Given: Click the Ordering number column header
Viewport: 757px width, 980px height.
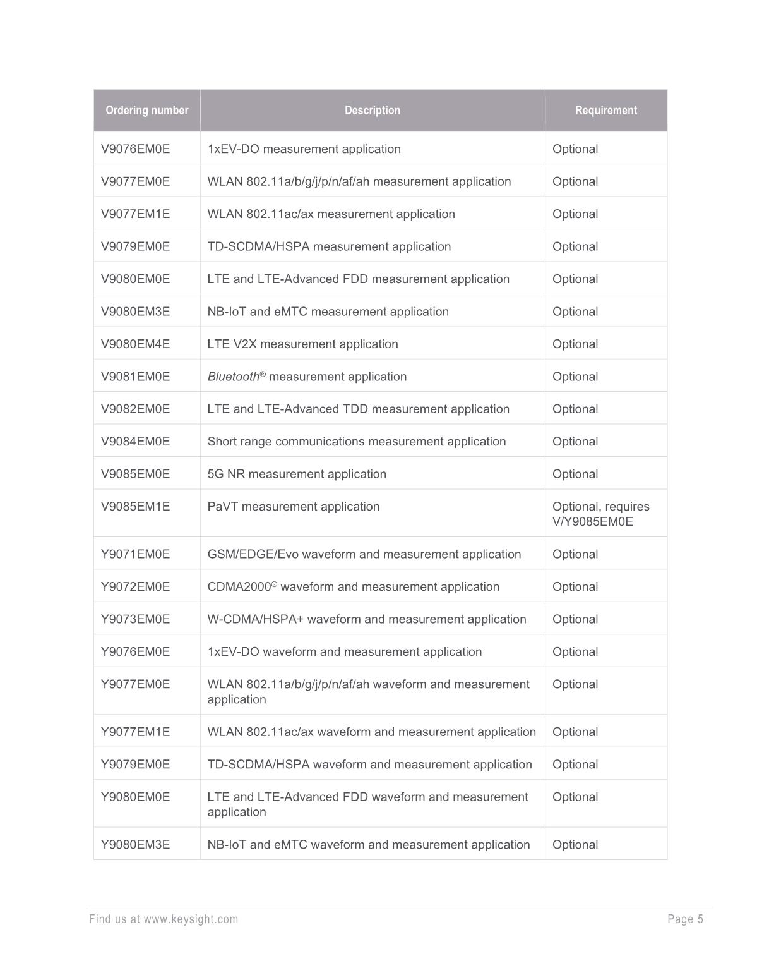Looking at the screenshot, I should coord(146,111).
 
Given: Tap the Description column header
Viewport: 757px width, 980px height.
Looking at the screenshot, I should coord(372,111).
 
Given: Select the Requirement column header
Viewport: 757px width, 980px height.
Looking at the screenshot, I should coord(605,111).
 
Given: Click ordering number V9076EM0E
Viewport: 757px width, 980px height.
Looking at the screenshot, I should coord(136,149).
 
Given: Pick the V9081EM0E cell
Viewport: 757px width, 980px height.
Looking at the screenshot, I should coord(136,377).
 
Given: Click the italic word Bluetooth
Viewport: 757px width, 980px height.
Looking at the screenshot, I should coord(233,377).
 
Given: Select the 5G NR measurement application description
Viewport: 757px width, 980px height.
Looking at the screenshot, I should coord(297,474).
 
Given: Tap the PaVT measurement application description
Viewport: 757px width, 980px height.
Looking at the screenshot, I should coord(294,507).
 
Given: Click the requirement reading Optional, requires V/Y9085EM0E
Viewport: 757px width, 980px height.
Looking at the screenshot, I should coord(600,514).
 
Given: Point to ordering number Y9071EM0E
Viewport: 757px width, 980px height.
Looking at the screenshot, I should coord(136,554).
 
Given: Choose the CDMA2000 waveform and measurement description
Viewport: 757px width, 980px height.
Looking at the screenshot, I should coord(353,587).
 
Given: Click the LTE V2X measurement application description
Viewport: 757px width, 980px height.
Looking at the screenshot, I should coord(302,344).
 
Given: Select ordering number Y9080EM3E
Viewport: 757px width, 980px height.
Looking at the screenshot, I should coord(136,845).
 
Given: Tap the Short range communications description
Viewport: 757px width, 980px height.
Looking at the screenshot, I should coord(356,442).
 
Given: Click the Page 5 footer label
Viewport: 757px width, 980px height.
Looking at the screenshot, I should coord(685,919).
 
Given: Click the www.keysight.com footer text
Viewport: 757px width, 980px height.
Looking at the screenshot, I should coord(191,919).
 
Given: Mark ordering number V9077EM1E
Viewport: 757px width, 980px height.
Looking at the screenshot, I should coord(136,214).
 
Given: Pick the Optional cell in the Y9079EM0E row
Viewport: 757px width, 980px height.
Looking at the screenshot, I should coord(575,765).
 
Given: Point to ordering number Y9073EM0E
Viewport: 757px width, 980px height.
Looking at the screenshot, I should coord(136,619).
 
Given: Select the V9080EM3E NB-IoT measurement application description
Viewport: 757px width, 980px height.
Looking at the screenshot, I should coord(328,312).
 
